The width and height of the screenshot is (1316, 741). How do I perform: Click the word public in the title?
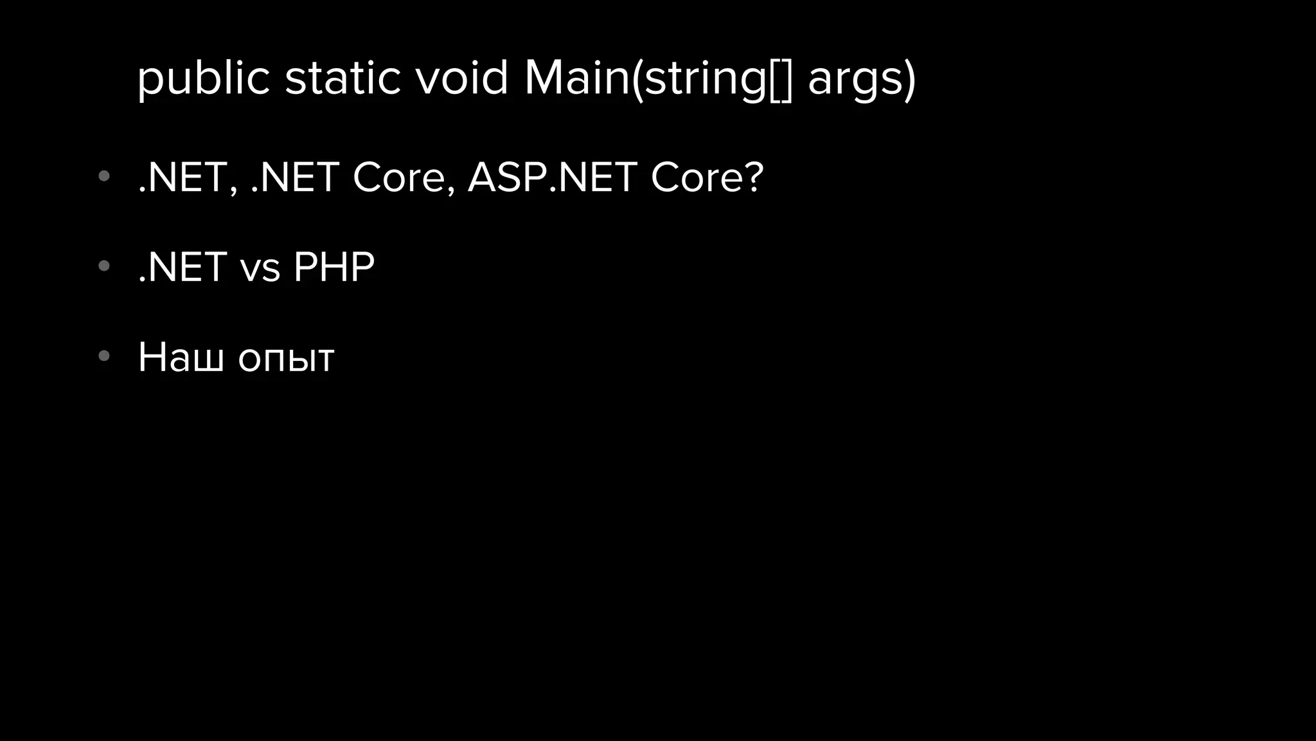pyautogui.click(x=203, y=78)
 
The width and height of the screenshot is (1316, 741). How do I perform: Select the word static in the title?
pyautogui.click(x=342, y=78)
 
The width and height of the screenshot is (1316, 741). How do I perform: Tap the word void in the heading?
pyautogui.click(x=461, y=78)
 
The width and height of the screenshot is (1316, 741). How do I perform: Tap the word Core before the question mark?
pyautogui.click(x=697, y=178)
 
